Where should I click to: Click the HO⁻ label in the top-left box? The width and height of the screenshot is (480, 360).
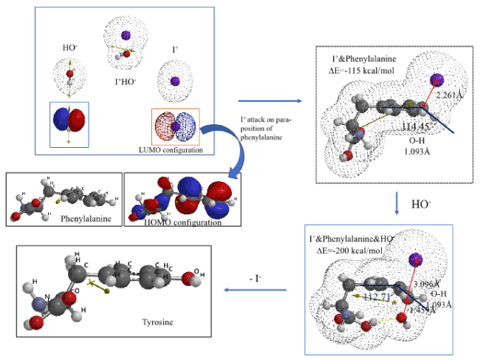[69, 48]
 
